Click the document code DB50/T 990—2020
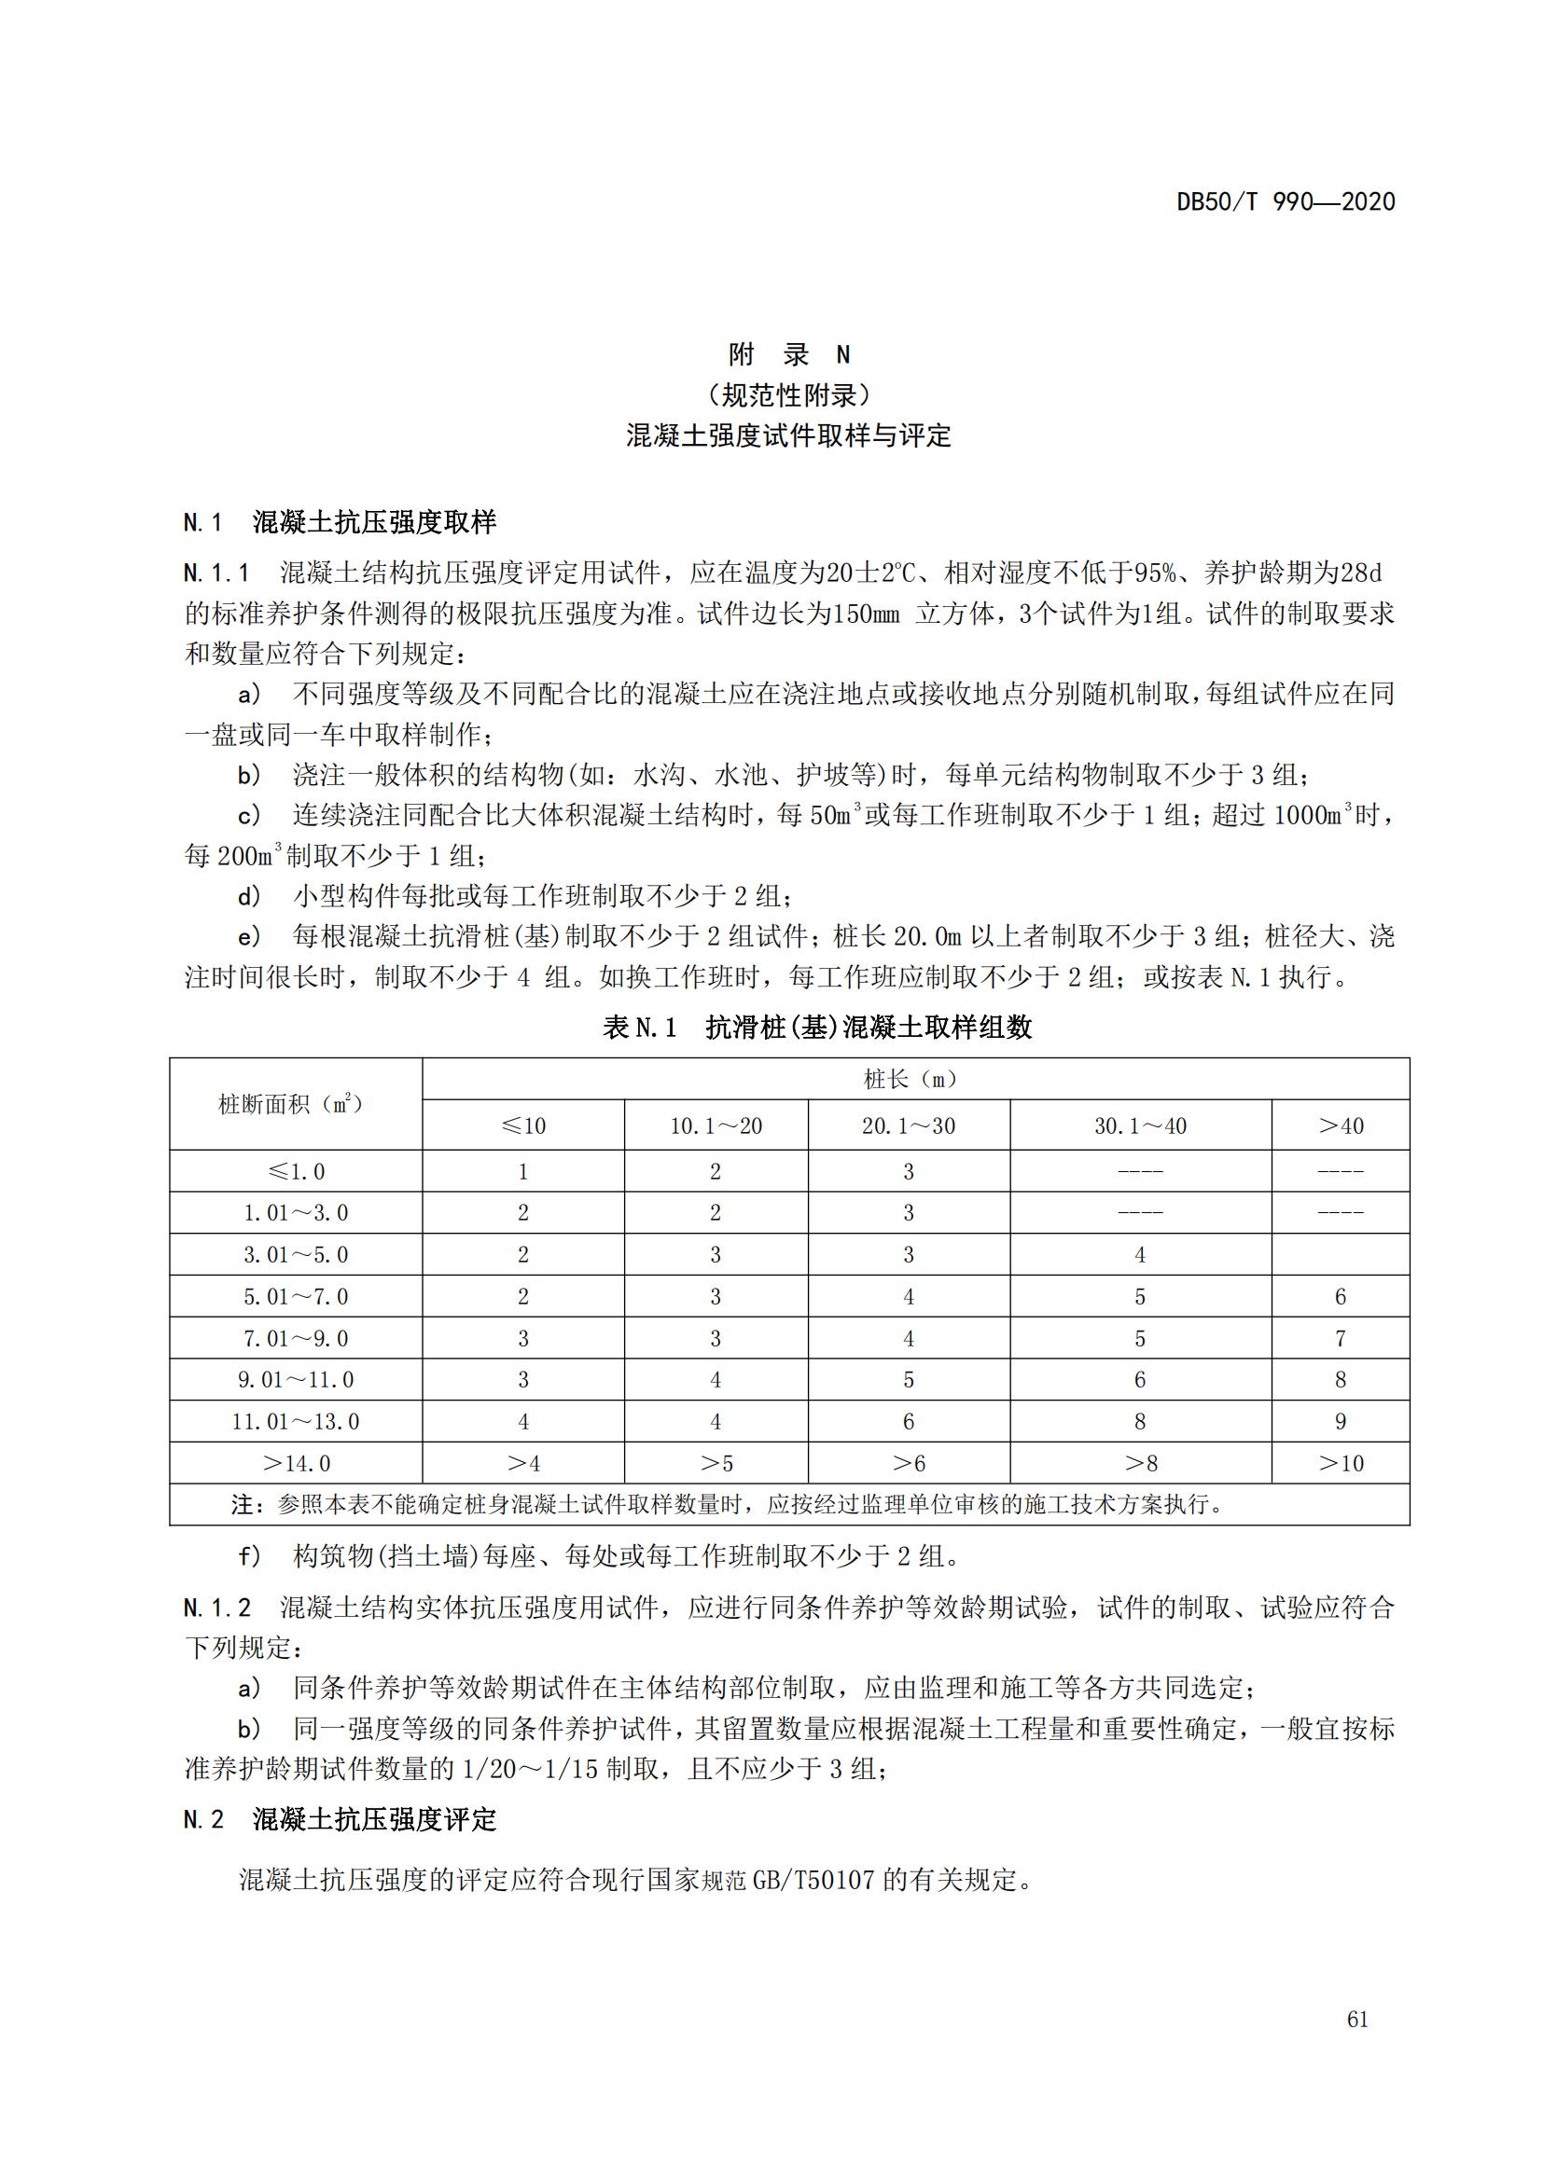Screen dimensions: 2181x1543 click(x=1286, y=201)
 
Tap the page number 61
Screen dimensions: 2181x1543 click(x=1357, y=2020)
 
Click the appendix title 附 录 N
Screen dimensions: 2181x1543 click(x=788, y=354)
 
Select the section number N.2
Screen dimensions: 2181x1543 click(x=203, y=1819)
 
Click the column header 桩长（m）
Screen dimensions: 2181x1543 click(x=914, y=1079)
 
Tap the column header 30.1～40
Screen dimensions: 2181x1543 click(x=1140, y=1125)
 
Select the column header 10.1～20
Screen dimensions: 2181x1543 click(x=716, y=1125)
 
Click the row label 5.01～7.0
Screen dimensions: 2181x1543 click(x=296, y=1297)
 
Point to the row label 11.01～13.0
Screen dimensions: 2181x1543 click(x=296, y=1422)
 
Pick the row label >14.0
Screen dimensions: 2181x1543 click(x=296, y=1464)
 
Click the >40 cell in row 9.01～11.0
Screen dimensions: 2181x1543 click(x=1340, y=1380)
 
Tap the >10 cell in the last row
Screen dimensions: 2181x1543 click(x=1340, y=1464)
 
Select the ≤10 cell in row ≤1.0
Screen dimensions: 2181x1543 click(x=522, y=1171)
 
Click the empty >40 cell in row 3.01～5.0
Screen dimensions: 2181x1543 click(x=1340, y=1255)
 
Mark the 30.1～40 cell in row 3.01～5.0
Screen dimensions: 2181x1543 click(x=1140, y=1255)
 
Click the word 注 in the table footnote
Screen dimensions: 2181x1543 click(x=242, y=1506)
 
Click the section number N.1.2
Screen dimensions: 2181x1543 click(x=216, y=1608)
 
